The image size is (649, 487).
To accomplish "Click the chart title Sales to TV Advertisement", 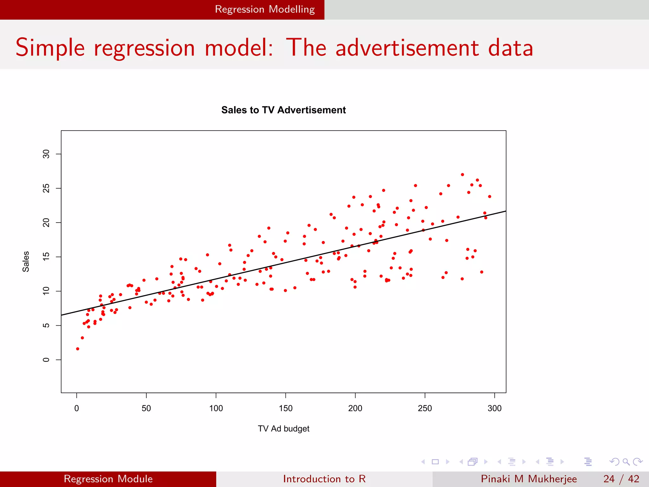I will point(283,110).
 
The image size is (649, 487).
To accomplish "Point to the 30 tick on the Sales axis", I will point(46,154).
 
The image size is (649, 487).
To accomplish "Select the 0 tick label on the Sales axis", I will point(46,360).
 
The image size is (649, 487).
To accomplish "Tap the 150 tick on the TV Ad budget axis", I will point(286,408).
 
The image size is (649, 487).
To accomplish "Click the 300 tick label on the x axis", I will point(494,408).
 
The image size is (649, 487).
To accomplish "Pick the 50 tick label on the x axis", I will point(146,408).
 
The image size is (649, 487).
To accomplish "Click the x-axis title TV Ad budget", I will point(283,429).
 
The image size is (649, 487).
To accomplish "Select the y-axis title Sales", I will point(26,262).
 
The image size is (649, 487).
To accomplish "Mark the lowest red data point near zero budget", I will point(78,349).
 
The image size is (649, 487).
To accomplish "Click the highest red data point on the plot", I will point(462,175).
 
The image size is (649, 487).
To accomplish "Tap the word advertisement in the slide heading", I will point(407,48).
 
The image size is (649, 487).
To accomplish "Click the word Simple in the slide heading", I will point(50,48).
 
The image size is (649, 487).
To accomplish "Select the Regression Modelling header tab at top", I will point(265,10).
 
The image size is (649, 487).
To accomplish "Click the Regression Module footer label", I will point(108,479).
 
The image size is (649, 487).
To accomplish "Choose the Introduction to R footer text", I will point(324,479).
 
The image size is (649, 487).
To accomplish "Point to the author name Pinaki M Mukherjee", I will point(529,479).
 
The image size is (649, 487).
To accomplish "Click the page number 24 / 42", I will point(621,479).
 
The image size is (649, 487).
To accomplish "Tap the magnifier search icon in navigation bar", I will point(626,462).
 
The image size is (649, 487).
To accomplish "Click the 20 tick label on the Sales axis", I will point(46,223).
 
